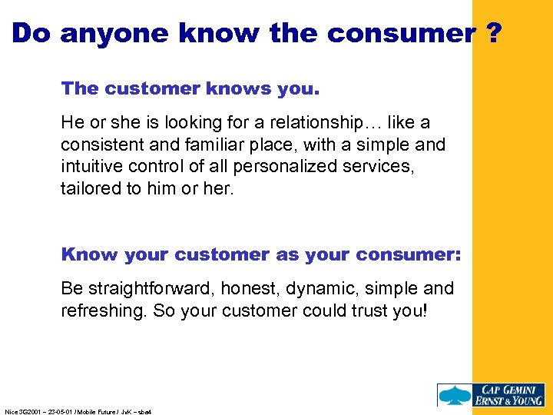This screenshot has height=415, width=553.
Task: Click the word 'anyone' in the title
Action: coord(107,33)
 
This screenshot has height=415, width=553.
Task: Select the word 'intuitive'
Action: coord(91,167)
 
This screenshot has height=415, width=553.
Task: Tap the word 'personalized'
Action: coord(298,167)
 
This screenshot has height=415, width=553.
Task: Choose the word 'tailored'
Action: coord(89,188)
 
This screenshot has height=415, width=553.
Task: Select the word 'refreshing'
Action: coord(100,311)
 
